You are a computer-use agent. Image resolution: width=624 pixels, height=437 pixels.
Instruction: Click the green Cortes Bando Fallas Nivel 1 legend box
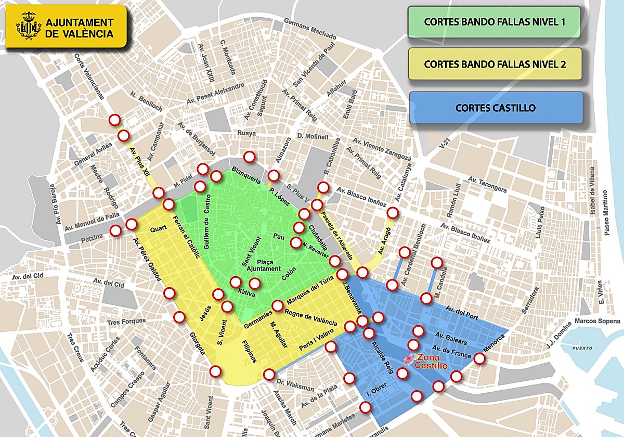click(494, 22)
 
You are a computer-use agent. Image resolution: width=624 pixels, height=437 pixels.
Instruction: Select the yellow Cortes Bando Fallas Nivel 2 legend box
click(495, 64)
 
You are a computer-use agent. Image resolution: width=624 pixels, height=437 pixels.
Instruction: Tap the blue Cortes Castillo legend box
click(495, 108)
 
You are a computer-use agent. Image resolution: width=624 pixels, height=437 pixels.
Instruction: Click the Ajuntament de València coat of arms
click(28, 26)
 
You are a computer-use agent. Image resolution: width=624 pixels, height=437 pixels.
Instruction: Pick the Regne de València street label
click(311, 319)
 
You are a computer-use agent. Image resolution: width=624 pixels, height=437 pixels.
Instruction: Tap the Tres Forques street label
click(126, 321)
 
